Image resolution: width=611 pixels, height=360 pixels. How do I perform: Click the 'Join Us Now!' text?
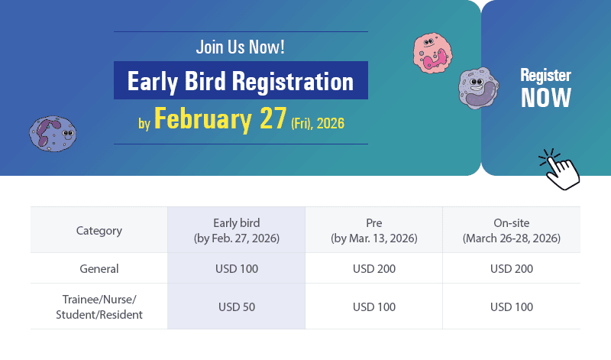[240, 47]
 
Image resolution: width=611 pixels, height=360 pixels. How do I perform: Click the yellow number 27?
[273, 118]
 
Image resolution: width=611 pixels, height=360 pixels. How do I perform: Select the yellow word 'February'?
[203, 120]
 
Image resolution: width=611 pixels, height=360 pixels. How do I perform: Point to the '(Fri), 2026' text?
[318, 123]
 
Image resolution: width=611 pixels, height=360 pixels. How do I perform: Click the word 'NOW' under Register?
[546, 98]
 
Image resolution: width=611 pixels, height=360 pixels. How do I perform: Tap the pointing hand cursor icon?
[560, 170]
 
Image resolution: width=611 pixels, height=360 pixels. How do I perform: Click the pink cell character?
[432, 53]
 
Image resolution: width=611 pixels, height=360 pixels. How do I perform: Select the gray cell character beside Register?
[479, 88]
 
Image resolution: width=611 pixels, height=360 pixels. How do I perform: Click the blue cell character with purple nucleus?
[53, 134]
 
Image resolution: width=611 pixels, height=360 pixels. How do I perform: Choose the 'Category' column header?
[99, 231]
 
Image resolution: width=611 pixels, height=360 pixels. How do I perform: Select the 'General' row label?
[99, 269]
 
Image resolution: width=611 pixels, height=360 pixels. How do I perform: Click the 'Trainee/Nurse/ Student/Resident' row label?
[99, 307]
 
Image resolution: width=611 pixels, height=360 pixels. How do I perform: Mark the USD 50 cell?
[237, 307]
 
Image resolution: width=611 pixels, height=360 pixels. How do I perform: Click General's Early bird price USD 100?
[237, 269]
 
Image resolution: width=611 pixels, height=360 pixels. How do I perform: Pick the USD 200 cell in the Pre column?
[374, 269]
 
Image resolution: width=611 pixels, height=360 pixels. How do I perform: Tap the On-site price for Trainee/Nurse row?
[512, 307]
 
